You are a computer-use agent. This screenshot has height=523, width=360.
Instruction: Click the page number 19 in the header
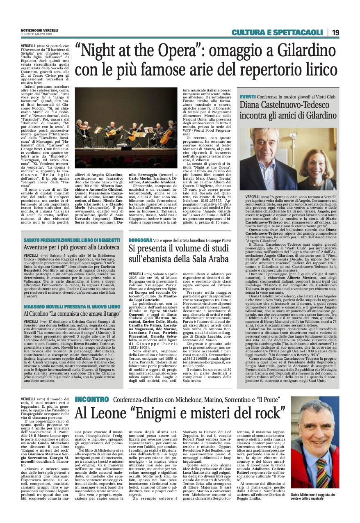tap(335, 32)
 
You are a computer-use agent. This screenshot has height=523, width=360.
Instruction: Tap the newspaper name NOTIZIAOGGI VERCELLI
tap(39, 30)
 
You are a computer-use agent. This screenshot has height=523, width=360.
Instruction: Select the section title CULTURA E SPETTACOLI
tap(277, 32)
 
